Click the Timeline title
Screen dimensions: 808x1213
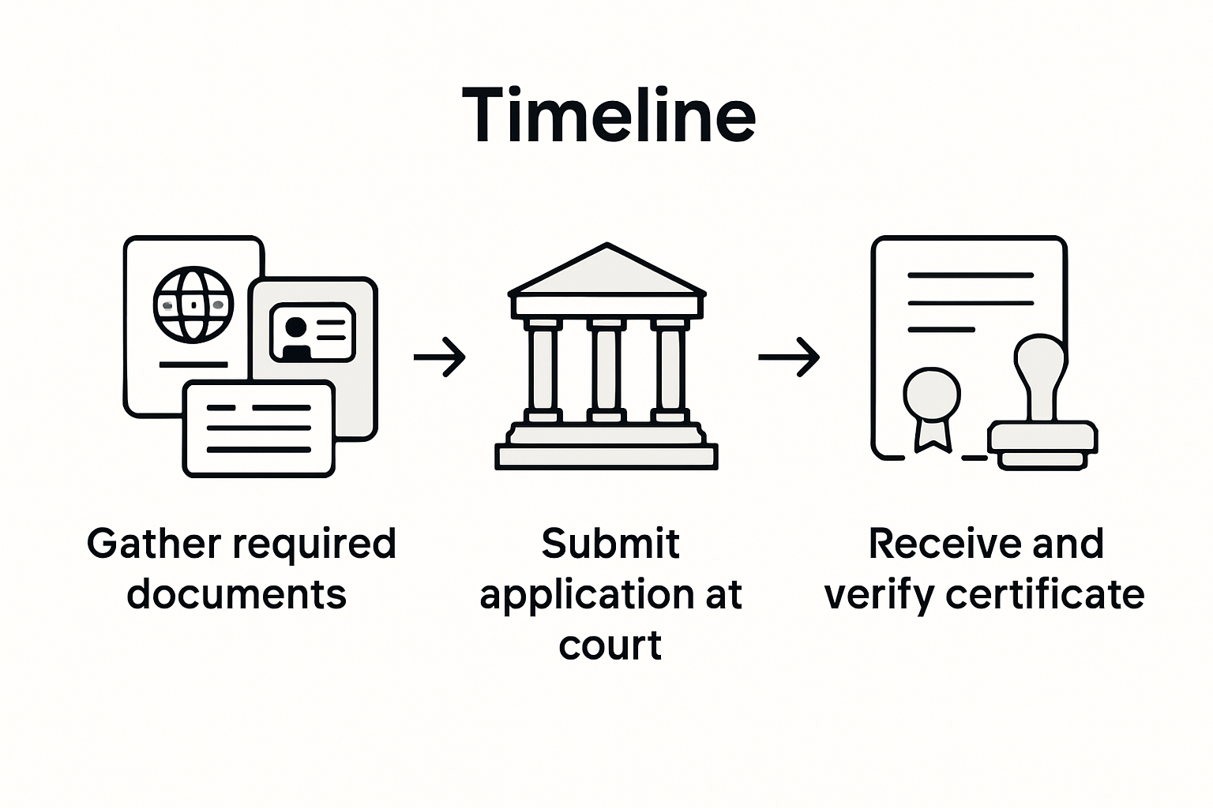608,116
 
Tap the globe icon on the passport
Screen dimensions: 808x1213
193,305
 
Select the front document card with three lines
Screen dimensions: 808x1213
259,428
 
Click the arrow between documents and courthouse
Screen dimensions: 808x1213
440,357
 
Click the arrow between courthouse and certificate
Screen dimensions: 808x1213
789,357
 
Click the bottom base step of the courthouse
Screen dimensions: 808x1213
606,457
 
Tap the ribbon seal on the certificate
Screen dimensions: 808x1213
933,406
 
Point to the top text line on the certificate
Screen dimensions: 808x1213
971,275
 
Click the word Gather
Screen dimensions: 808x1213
154,544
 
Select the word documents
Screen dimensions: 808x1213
237,594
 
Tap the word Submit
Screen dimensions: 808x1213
610,544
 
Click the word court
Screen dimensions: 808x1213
610,645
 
